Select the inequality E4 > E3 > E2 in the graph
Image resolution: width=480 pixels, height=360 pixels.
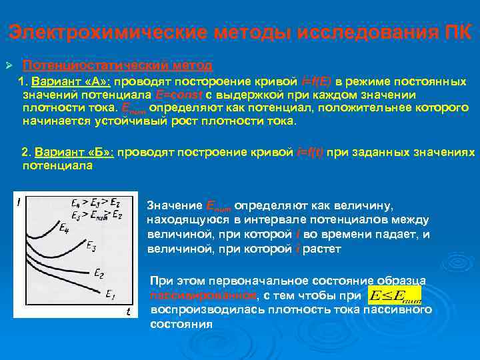click(x=93, y=203)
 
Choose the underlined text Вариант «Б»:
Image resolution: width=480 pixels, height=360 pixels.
click(x=75, y=152)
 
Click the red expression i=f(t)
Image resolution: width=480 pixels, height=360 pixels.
click(x=310, y=152)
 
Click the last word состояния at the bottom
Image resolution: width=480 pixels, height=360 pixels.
click(x=181, y=324)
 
